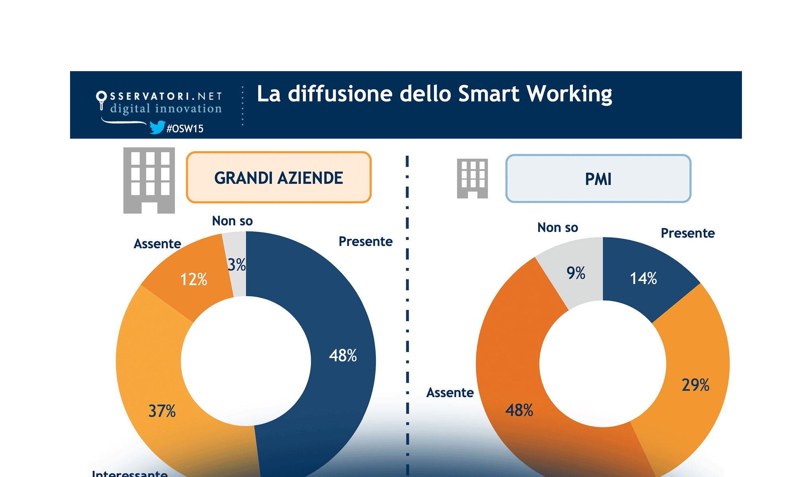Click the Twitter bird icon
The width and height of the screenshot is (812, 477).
(x=157, y=127)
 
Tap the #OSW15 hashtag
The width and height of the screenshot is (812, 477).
(x=185, y=129)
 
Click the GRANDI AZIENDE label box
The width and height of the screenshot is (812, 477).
(x=279, y=178)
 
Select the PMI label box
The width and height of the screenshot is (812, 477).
(x=598, y=179)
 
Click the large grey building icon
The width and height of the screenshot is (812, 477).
(x=149, y=180)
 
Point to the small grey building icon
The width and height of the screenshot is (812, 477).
(x=472, y=178)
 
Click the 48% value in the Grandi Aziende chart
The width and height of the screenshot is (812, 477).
(x=343, y=355)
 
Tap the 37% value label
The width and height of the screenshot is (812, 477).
(x=162, y=411)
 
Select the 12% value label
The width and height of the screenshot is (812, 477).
(x=194, y=279)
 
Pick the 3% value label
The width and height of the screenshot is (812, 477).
(x=236, y=265)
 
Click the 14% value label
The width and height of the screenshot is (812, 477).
(x=643, y=278)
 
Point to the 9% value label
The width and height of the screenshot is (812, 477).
(x=576, y=273)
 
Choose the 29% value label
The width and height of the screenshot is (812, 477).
(x=695, y=385)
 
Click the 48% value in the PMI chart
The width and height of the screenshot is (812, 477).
(x=519, y=410)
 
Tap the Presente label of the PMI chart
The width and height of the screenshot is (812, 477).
(x=687, y=233)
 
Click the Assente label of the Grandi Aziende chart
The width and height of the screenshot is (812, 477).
(x=157, y=244)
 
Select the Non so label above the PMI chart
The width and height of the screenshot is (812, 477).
(x=558, y=227)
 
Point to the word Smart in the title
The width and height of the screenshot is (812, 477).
(x=488, y=94)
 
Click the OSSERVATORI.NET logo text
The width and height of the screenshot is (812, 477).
(x=165, y=96)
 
